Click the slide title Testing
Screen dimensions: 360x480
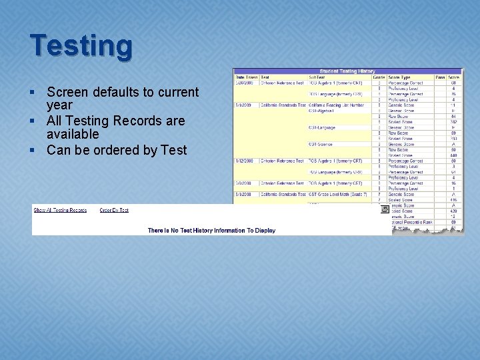(x=81, y=46)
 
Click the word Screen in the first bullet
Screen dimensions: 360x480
(x=67, y=92)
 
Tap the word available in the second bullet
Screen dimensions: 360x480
(x=72, y=134)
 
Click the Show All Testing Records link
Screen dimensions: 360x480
(x=60, y=210)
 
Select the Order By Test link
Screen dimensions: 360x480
(x=114, y=210)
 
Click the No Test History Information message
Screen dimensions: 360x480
(x=211, y=231)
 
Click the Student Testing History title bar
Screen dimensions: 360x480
(x=347, y=71)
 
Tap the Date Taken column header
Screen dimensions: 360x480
(x=245, y=77)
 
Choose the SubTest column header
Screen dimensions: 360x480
(x=317, y=77)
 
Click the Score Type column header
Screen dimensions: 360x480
(x=400, y=77)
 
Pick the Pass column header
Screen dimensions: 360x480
(x=440, y=77)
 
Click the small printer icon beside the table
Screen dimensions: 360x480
(x=385, y=209)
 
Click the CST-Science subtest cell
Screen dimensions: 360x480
(x=321, y=144)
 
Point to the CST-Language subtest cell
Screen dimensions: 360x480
(x=322, y=127)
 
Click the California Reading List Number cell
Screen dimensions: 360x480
(x=336, y=105)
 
